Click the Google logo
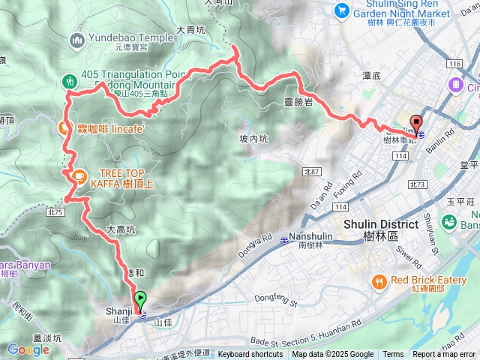coord(28,349)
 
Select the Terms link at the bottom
coord(393,355)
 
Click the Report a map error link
coord(444,355)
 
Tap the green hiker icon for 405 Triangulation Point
coord(70,80)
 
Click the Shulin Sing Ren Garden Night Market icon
coord(342,10)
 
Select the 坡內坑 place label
coord(253,138)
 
